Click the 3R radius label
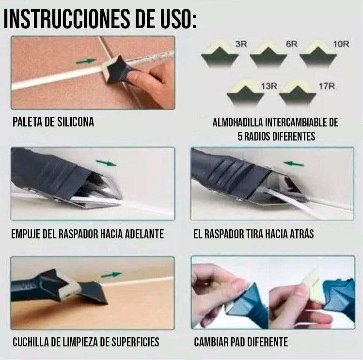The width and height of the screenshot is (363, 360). (241, 44)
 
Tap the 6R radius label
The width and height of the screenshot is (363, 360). (291, 44)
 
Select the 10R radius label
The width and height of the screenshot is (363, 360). (341, 44)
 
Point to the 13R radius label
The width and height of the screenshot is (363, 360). (269, 86)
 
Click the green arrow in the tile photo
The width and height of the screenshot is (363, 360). (86, 62)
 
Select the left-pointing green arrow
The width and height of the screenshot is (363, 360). (294, 164)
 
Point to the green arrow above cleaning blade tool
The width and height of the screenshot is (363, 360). (111, 274)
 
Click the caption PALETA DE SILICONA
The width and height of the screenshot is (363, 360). (53, 122)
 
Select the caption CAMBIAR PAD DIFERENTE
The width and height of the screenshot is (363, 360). (241, 342)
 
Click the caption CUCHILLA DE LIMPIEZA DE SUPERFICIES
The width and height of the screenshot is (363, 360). (85, 342)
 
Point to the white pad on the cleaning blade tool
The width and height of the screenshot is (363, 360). (68, 289)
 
